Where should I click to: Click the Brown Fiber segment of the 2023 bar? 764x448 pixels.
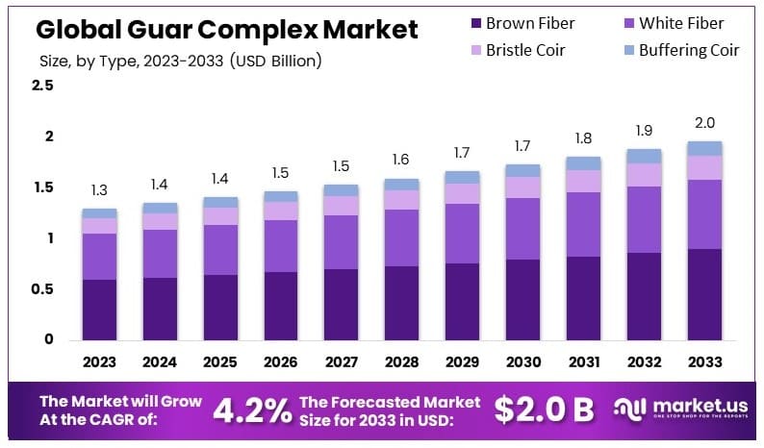click(99, 310)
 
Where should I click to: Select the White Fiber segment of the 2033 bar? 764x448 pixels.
click(704, 214)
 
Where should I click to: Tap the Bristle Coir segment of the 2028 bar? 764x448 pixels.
click(401, 199)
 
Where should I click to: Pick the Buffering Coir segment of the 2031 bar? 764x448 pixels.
click(583, 162)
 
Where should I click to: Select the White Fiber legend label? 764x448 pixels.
click(681, 23)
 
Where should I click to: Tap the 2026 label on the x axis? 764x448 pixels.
click(280, 361)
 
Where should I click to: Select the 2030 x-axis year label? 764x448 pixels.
click(522, 361)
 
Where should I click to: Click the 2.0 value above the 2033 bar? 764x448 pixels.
click(704, 123)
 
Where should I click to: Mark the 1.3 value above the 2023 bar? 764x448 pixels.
click(99, 190)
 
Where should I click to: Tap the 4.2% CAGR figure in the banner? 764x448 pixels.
click(251, 411)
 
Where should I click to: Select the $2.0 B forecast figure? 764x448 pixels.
click(544, 411)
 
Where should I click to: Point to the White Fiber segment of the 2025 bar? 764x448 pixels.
click(219, 250)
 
